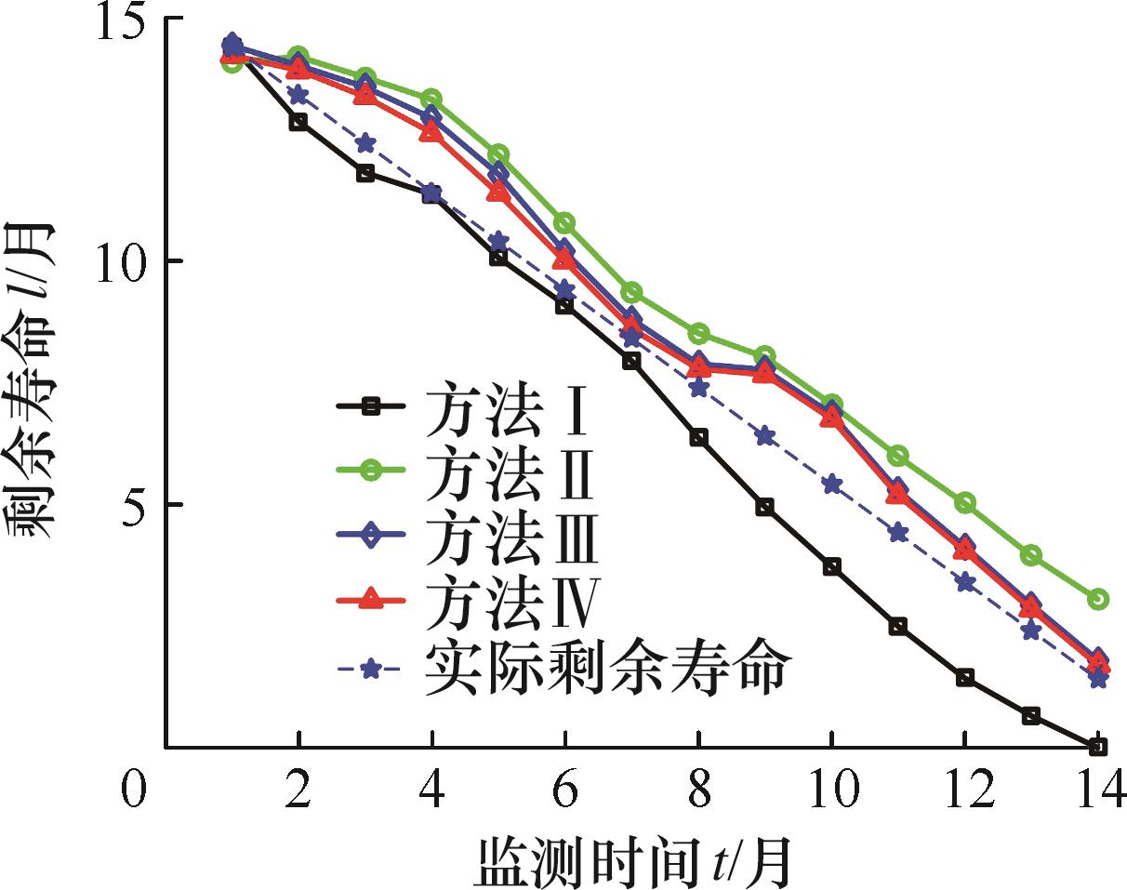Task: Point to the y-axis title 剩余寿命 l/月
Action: (34, 380)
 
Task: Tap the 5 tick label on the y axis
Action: (138, 505)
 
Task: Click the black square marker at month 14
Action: (1097, 747)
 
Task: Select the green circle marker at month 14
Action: (1097, 599)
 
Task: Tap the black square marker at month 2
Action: (298, 122)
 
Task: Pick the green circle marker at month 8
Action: (698, 334)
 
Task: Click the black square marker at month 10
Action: (831, 566)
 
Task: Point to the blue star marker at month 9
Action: (765, 437)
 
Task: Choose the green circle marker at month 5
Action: (498, 154)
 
